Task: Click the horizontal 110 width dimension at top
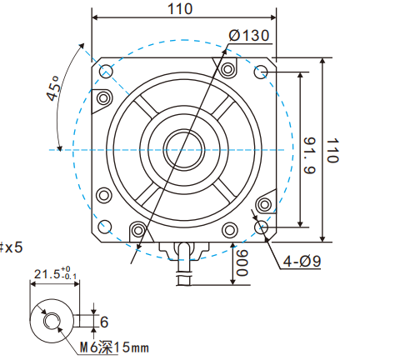180,9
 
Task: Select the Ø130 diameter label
248,35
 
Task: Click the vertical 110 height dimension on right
332,150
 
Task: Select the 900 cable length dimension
242,264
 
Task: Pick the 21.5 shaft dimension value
45,274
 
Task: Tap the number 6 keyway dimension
103,321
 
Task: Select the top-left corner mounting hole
106,72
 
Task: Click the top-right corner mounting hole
261,72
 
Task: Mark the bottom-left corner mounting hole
106,227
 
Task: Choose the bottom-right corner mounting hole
261,227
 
